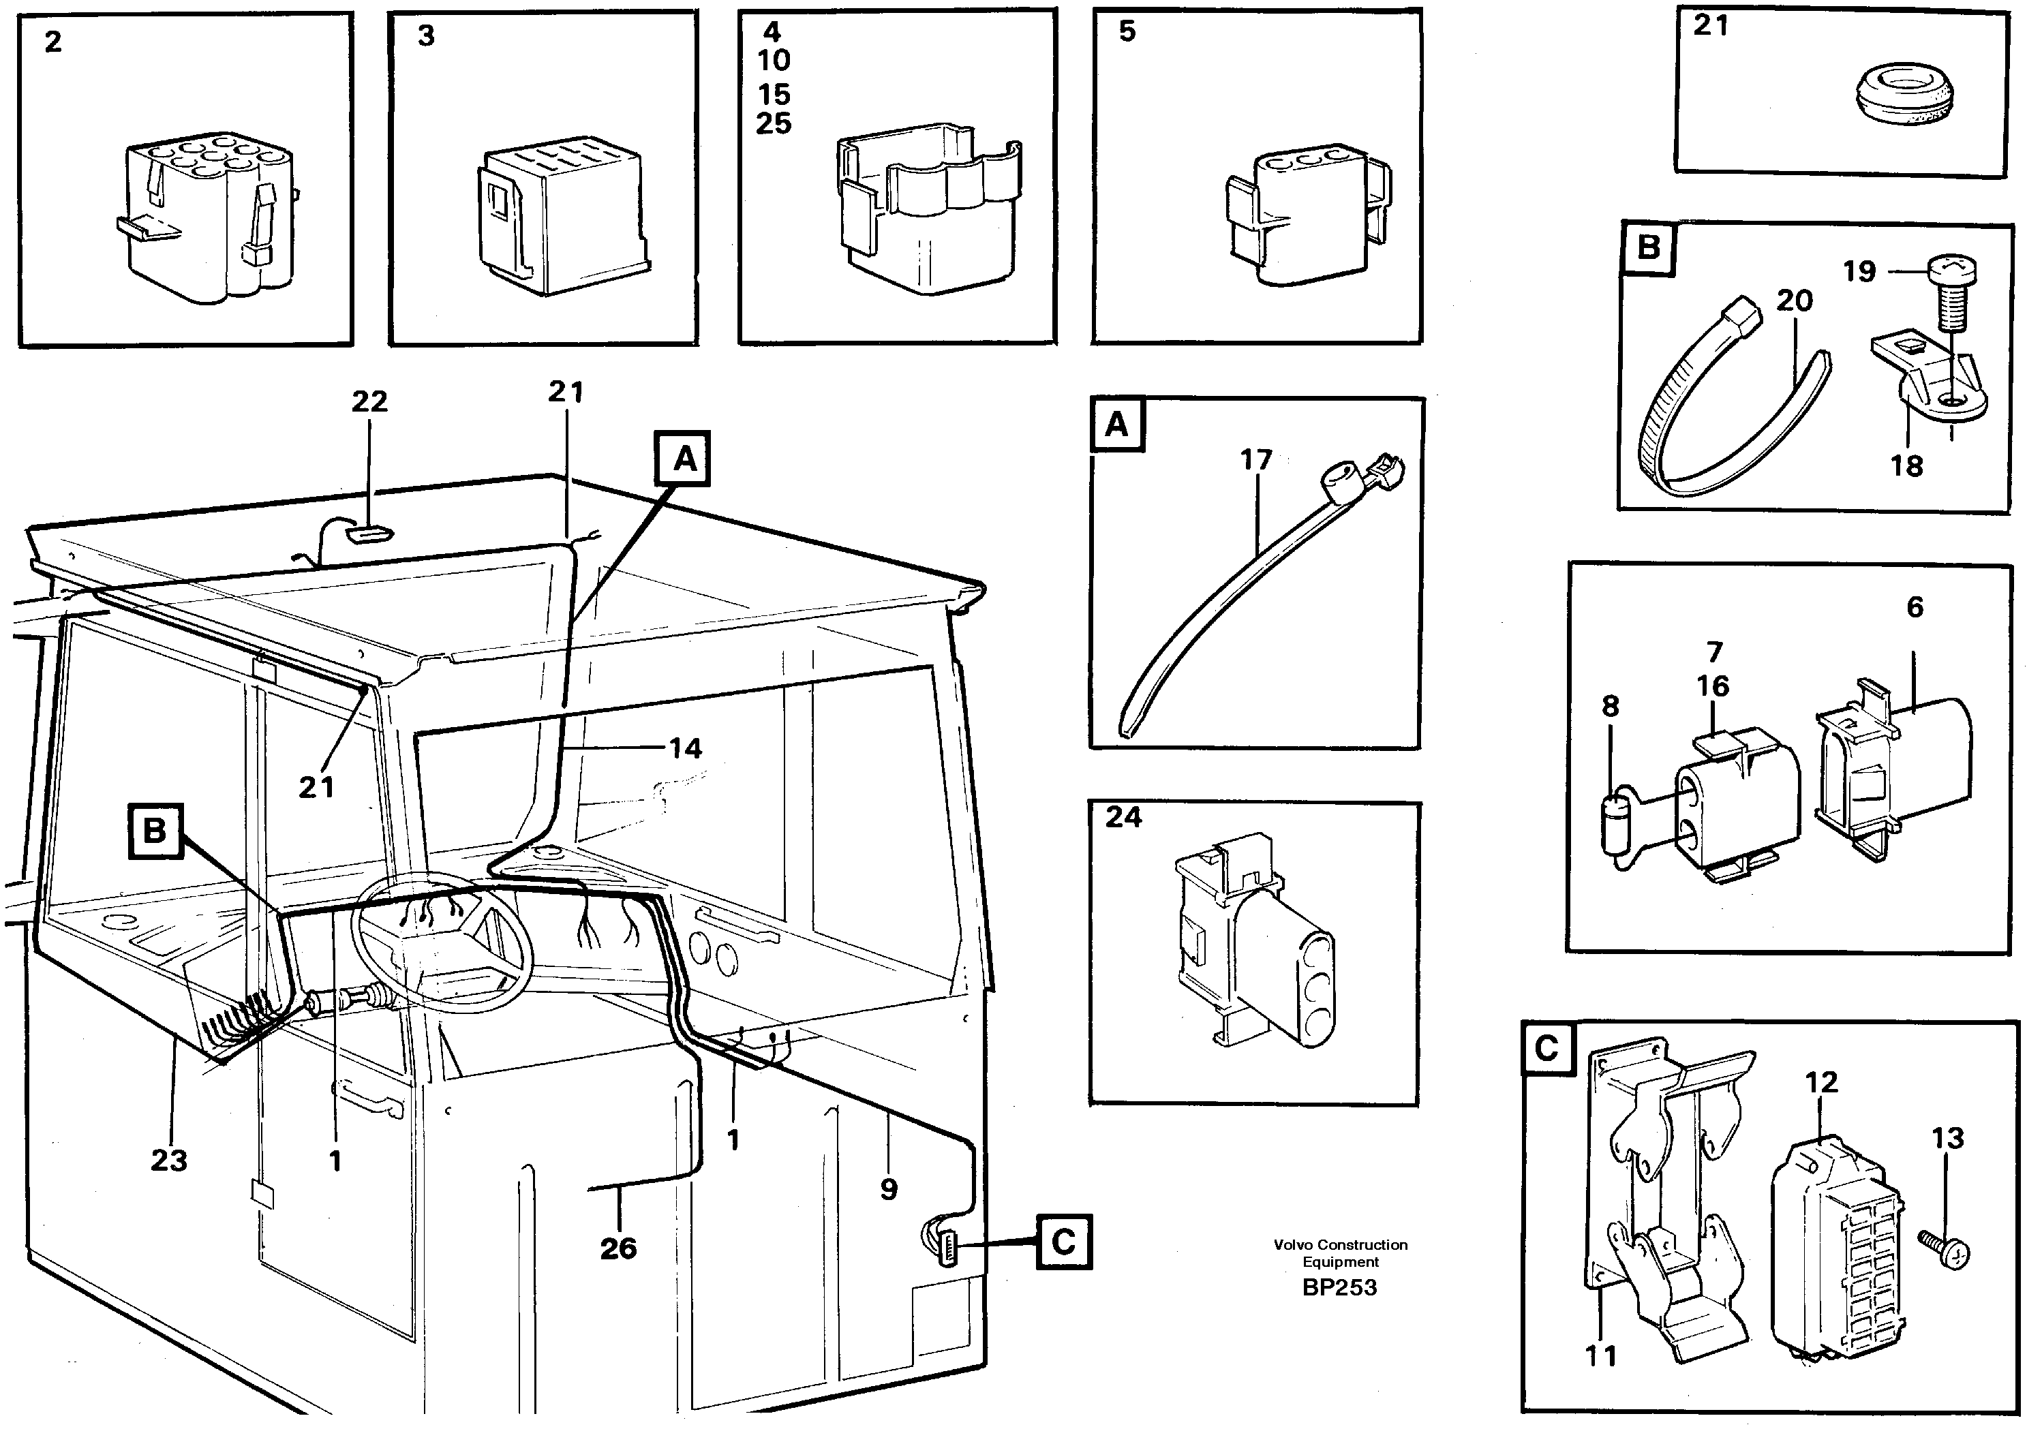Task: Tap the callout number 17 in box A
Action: click(x=1255, y=460)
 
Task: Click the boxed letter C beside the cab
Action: click(x=1063, y=1243)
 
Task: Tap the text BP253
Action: click(x=1339, y=1288)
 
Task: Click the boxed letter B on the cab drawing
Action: click(x=155, y=831)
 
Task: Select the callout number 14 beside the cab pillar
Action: click(x=685, y=748)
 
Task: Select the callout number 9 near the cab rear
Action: click(x=888, y=1189)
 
